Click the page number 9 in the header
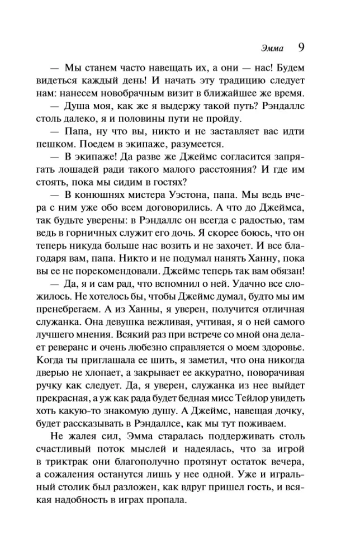(x=300, y=48)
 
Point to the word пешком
(x=70, y=144)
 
